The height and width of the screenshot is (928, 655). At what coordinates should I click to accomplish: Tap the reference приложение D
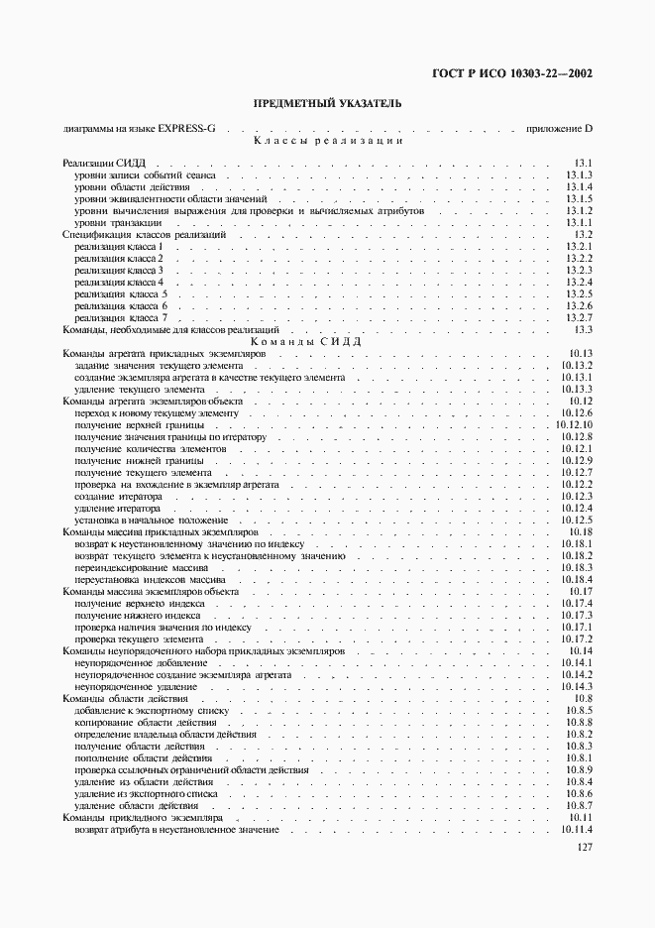pos(559,129)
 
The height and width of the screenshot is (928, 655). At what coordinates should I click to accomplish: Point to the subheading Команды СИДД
pos(327,341)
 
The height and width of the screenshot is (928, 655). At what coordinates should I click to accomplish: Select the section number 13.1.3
pos(579,174)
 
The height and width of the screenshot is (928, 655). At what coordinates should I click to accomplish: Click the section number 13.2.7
pos(579,318)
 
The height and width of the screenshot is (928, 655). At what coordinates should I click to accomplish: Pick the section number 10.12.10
pos(575,424)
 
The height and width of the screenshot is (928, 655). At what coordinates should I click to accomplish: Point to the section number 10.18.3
pos(577,568)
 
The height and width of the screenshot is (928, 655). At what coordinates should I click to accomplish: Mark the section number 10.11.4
pos(577,830)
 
